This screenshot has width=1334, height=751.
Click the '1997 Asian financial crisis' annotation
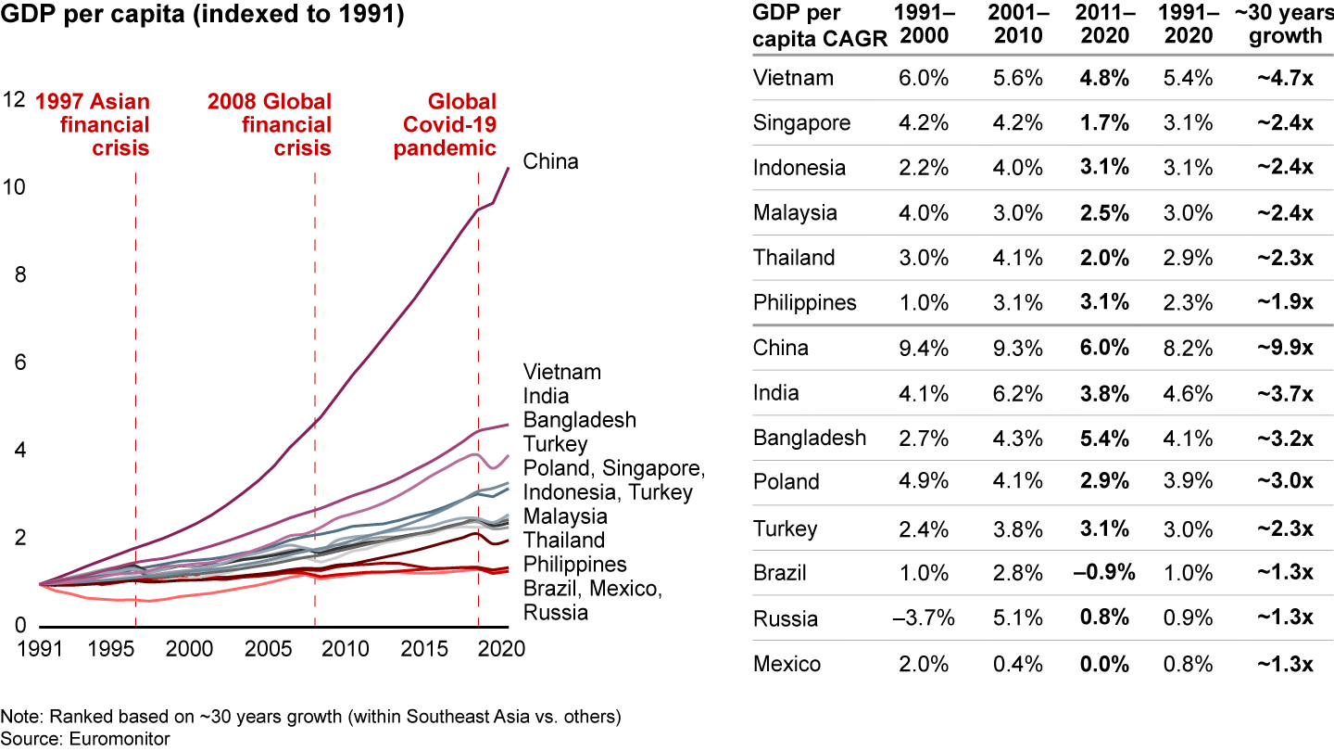(x=93, y=124)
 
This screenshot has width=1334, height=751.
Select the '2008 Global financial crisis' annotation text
(x=270, y=124)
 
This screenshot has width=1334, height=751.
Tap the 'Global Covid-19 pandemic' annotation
(x=446, y=124)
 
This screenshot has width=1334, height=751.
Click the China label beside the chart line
(x=550, y=161)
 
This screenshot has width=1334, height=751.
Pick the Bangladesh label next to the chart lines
(x=580, y=420)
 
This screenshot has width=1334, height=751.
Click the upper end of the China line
(x=509, y=169)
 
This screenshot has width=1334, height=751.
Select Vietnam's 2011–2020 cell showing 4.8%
(x=1103, y=79)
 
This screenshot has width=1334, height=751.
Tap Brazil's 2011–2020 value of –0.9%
(x=1102, y=573)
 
